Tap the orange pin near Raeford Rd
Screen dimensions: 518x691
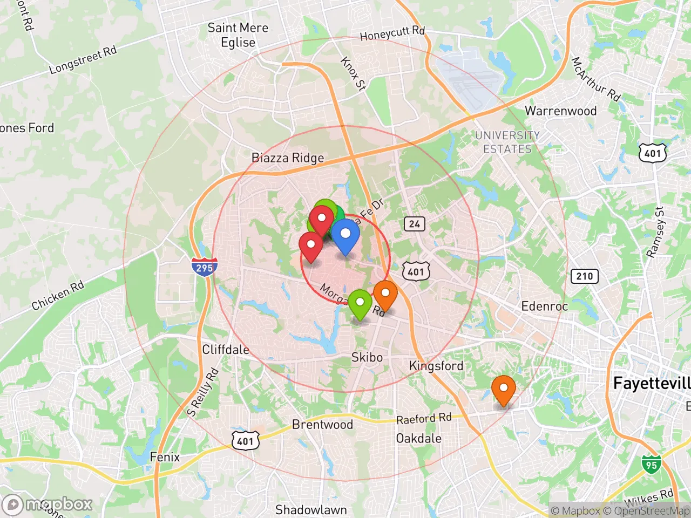click(x=503, y=390)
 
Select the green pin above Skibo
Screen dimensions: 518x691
click(x=360, y=304)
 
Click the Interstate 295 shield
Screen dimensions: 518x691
click(x=204, y=267)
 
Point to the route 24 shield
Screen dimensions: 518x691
click(x=414, y=224)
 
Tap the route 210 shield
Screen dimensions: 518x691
click(x=585, y=276)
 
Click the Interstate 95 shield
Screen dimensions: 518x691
click(x=651, y=465)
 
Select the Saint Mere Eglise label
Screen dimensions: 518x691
click(x=238, y=35)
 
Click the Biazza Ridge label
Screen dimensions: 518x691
click(x=288, y=158)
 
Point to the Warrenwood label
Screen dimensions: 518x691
click(x=560, y=111)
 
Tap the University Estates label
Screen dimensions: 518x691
click(x=507, y=142)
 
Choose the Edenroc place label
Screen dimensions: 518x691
click(x=544, y=306)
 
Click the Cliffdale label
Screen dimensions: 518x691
click(x=226, y=350)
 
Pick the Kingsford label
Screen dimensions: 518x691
click(x=436, y=366)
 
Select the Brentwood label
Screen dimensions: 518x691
click(x=322, y=425)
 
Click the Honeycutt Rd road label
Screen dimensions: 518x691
click(x=392, y=33)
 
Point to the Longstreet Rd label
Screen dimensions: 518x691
click(x=83, y=60)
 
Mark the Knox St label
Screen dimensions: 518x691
click(x=354, y=73)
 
